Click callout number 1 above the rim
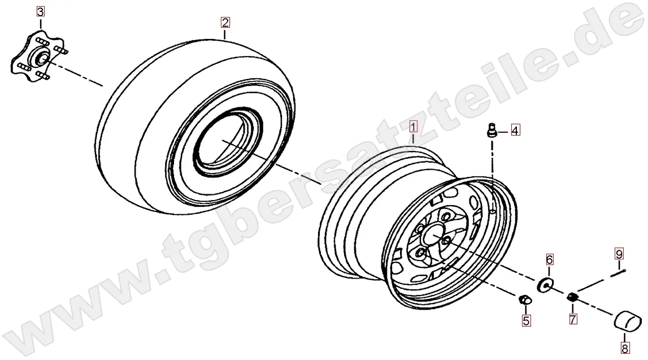click(414, 127)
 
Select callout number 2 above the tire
click(225, 22)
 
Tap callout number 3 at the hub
click(40, 11)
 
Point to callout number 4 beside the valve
click(515, 131)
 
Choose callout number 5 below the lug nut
click(525, 320)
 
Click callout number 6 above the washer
click(549, 259)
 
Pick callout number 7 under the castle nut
click(573, 319)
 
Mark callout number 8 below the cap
click(625, 349)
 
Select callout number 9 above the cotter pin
click(619, 253)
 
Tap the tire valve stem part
click(492, 130)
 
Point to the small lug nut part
click(524, 300)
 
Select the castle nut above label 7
click(572, 297)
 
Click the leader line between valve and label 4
click(503, 132)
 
